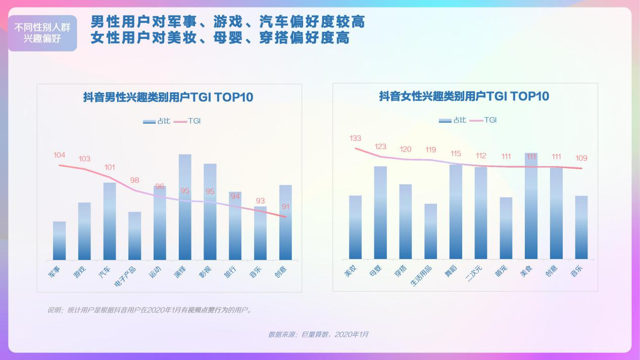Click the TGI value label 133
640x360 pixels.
(x=355, y=138)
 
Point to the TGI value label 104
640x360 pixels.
(x=60, y=155)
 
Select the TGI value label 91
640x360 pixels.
(x=286, y=207)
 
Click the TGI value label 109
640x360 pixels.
(x=581, y=158)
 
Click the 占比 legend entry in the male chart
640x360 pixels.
(x=157, y=121)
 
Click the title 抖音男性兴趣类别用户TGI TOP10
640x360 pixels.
(x=168, y=97)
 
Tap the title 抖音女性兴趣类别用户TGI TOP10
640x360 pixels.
(x=464, y=96)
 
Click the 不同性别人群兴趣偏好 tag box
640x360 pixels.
(x=42, y=33)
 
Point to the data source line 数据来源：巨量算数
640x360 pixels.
(x=318, y=335)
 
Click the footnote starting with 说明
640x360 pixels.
(x=150, y=310)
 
